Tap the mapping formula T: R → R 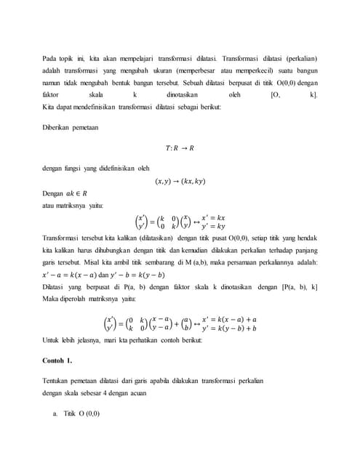point(180,149)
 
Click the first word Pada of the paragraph point(50,57)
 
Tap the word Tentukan point(59,381)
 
